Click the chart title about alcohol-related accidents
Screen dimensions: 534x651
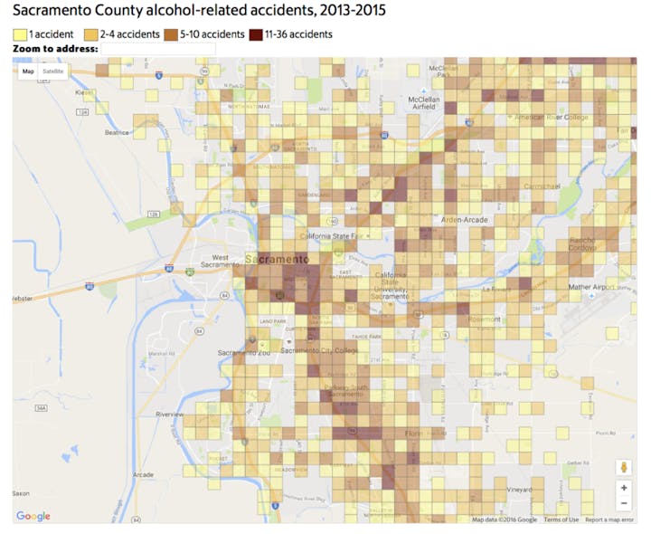(199, 13)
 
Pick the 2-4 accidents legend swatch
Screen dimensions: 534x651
(90, 34)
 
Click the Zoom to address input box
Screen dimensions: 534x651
(158, 48)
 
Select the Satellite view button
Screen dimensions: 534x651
(53, 71)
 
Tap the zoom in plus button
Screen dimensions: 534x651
(624, 488)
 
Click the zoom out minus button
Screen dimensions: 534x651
(624, 503)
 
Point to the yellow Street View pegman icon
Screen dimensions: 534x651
(624, 467)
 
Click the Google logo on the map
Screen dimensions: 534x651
(33, 516)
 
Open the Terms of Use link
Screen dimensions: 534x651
(561, 520)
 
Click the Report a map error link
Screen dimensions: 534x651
(609, 520)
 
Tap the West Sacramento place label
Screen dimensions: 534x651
(220, 262)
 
